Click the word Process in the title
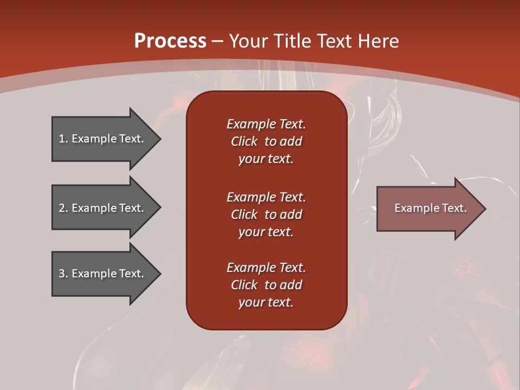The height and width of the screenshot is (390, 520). [170, 41]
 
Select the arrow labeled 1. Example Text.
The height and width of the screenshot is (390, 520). [103, 139]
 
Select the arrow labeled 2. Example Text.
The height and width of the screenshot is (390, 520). [103, 208]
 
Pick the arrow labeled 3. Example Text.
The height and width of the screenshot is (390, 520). [103, 274]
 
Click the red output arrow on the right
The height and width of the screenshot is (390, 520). [428, 208]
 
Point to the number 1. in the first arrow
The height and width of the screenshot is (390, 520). [63, 139]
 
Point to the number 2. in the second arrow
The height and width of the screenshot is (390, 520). [63, 208]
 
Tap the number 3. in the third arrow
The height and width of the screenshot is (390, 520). [63, 274]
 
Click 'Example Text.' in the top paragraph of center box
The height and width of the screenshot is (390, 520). [266, 124]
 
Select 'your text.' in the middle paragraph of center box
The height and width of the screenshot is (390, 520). [265, 232]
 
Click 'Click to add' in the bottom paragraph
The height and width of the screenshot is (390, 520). [266, 285]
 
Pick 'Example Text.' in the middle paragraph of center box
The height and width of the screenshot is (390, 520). [266, 197]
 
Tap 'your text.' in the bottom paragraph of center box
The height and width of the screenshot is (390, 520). [265, 302]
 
